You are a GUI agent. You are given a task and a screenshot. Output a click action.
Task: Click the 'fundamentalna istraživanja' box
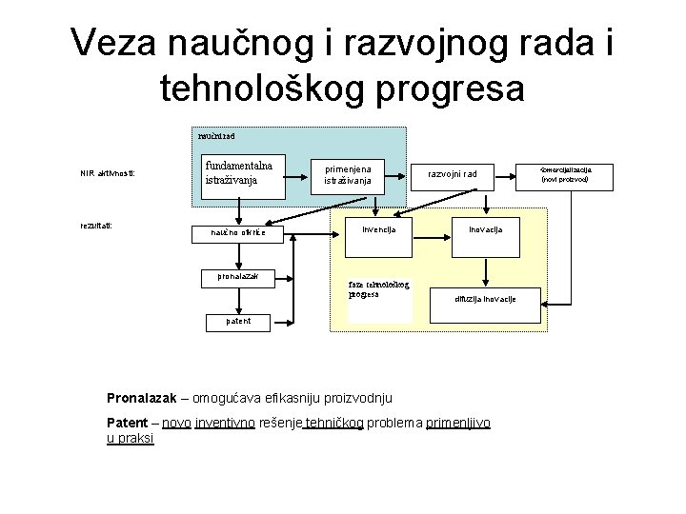239,172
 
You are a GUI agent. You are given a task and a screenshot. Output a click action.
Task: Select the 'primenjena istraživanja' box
353,173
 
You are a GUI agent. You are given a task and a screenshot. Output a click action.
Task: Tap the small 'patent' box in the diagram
238,321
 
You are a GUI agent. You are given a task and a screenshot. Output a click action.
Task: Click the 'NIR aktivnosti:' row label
108,173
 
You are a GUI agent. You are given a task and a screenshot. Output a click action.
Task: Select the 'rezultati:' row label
97,226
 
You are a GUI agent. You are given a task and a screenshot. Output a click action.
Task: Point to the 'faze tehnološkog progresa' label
378,289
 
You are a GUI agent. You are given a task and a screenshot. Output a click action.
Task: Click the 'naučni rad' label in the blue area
212,136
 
